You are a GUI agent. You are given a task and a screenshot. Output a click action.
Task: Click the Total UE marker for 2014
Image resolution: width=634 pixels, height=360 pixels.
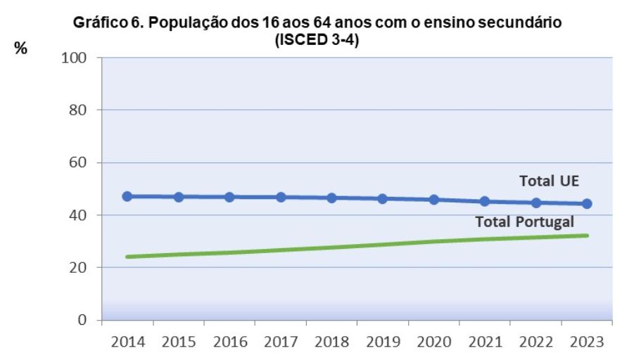pyautogui.click(x=127, y=196)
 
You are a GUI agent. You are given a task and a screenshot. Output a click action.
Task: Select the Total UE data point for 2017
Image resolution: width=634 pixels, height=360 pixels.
pyautogui.click(x=281, y=198)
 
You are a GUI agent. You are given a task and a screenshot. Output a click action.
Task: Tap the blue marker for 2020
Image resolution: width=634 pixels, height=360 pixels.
pyautogui.click(x=433, y=200)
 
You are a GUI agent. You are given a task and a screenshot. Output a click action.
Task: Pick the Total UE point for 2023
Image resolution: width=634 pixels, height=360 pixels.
pyautogui.click(x=587, y=204)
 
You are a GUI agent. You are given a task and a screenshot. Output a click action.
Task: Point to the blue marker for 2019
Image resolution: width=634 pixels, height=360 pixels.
pyautogui.click(x=383, y=199)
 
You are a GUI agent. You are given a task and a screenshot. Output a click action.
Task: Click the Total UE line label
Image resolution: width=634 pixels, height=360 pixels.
pyautogui.click(x=549, y=181)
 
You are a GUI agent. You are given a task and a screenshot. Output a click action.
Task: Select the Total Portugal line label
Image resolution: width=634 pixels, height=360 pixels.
pyautogui.click(x=525, y=222)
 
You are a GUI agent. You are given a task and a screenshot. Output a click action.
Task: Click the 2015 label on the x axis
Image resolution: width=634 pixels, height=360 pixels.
pyautogui.click(x=179, y=343)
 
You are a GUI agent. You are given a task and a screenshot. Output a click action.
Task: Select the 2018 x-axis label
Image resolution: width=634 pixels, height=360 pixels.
pyautogui.click(x=331, y=343)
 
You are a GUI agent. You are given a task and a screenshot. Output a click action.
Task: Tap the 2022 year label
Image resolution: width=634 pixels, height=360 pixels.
pyautogui.click(x=535, y=343)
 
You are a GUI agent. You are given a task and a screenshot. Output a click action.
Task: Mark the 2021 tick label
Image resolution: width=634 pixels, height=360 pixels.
pyautogui.click(x=485, y=343)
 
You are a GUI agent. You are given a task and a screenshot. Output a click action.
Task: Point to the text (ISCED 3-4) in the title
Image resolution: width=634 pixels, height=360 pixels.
pyautogui.click(x=317, y=41)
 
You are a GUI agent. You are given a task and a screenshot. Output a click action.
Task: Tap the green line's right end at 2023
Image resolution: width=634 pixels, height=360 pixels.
pyautogui.click(x=587, y=236)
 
